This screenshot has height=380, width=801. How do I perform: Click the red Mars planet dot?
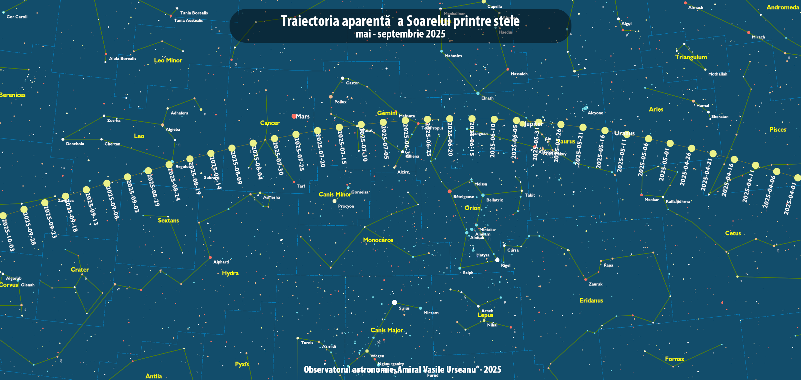[294, 116]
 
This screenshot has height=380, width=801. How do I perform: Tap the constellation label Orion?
[472, 208]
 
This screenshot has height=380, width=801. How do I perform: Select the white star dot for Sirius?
[394, 302]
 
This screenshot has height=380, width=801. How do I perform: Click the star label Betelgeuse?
[464, 197]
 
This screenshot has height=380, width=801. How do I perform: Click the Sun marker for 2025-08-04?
[253, 143]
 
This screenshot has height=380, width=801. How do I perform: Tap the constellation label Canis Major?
[386, 330]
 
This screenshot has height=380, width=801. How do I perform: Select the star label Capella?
[494, 6]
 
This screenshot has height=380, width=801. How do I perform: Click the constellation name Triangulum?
[691, 57]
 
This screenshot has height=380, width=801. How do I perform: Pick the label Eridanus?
[591, 300]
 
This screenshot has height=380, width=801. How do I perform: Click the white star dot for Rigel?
[497, 260]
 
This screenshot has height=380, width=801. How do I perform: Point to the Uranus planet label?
[624, 133]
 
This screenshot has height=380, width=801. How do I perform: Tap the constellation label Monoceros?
[378, 240]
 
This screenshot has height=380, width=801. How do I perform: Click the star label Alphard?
[221, 262]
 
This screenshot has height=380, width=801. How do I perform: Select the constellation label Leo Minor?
[168, 60]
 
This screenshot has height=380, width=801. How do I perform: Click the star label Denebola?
[75, 144]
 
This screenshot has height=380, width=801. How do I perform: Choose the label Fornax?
[674, 359]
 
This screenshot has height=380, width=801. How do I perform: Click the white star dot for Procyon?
[334, 201]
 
